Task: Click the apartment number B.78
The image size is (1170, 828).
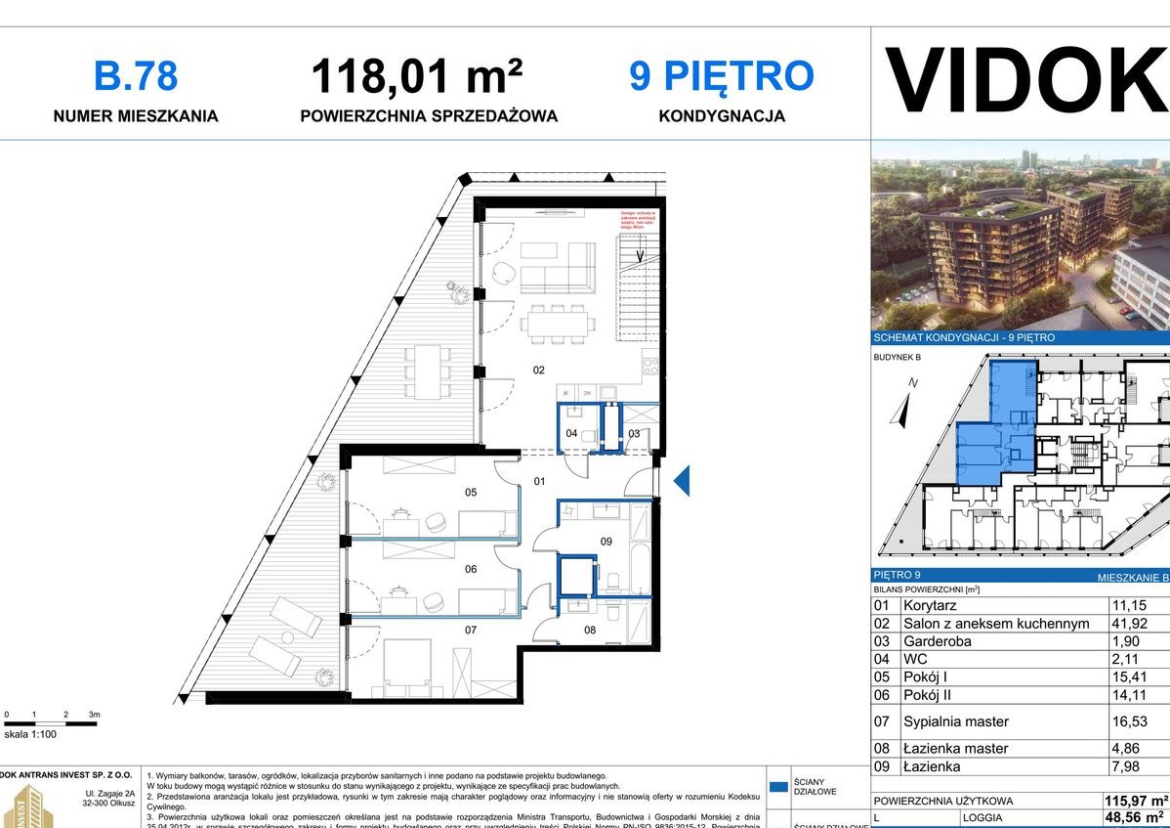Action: click(x=135, y=75)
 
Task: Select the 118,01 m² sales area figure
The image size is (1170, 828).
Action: click(x=416, y=75)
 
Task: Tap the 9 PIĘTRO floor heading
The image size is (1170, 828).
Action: click(x=721, y=75)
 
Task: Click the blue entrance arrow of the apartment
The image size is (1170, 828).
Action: click(x=682, y=479)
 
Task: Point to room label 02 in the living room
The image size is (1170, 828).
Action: click(x=538, y=370)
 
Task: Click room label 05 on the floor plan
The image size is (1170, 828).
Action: click(x=471, y=492)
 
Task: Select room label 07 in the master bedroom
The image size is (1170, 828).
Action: click(x=471, y=630)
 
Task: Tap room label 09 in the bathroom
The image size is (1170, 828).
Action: click(x=606, y=541)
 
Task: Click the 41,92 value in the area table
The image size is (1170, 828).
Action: click(x=1130, y=623)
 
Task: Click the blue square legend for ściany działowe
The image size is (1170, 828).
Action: click(x=778, y=785)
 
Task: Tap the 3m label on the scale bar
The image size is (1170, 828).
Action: click(x=94, y=716)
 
